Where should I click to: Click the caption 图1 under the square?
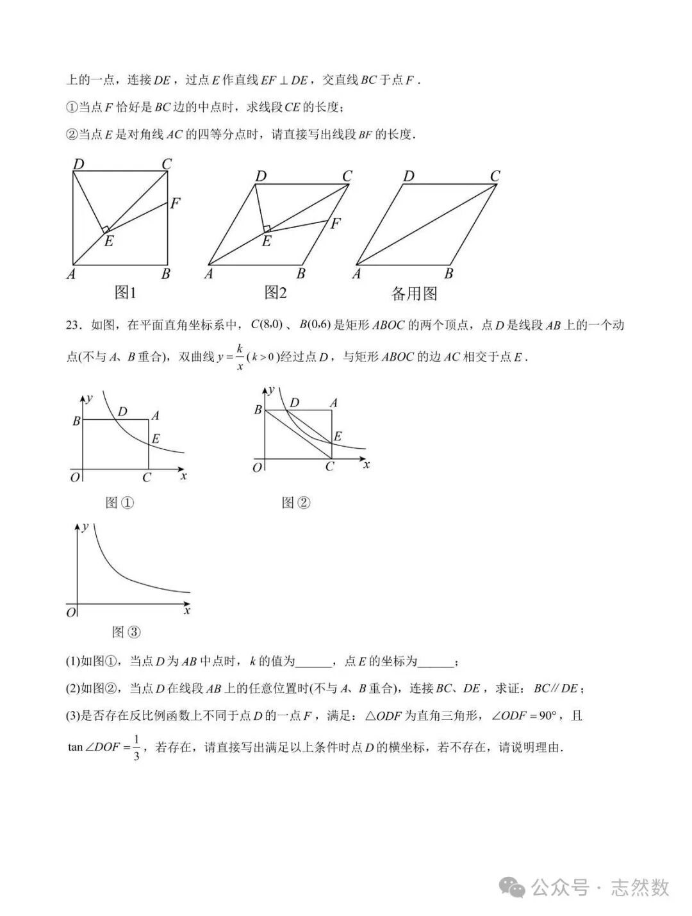[125, 293]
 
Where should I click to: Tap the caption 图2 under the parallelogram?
[276, 293]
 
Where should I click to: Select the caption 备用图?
[414, 294]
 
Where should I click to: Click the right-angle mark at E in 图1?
[106, 229]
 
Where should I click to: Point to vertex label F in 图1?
[175, 204]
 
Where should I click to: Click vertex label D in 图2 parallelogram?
[261, 176]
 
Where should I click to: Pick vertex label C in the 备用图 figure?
[495, 176]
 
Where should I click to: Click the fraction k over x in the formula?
[240, 357]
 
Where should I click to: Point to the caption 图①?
[119, 503]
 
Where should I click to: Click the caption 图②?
[296, 503]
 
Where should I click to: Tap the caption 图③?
[126, 632]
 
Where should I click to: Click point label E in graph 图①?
[156, 439]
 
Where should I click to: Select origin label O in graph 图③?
[71, 613]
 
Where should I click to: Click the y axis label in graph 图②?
[272, 389]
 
